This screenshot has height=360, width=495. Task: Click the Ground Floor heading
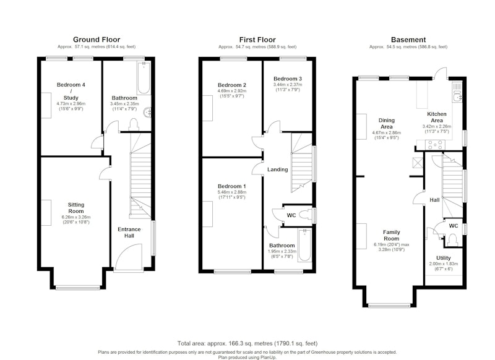(x=97, y=40)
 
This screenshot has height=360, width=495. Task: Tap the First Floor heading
(x=257, y=40)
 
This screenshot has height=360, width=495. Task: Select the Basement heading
(x=408, y=40)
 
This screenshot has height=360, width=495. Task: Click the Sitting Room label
(x=76, y=208)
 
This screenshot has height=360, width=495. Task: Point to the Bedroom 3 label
(x=288, y=79)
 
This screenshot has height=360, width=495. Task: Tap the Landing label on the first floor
(x=277, y=169)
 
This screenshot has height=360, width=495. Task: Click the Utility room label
(x=444, y=258)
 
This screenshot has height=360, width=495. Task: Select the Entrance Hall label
(x=129, y=233)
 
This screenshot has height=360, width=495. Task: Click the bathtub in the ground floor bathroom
(x=144, y=78)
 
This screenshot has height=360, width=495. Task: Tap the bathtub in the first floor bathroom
(x=304, y=245)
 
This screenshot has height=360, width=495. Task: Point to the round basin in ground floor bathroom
(x=147, y=113)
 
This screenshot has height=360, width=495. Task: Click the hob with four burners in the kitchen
(x=435, y=145)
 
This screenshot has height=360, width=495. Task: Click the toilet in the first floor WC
(x=305, y=215)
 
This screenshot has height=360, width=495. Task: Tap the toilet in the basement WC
(x=453, y=239)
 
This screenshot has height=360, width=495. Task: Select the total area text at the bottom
(x=247, y=343)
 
